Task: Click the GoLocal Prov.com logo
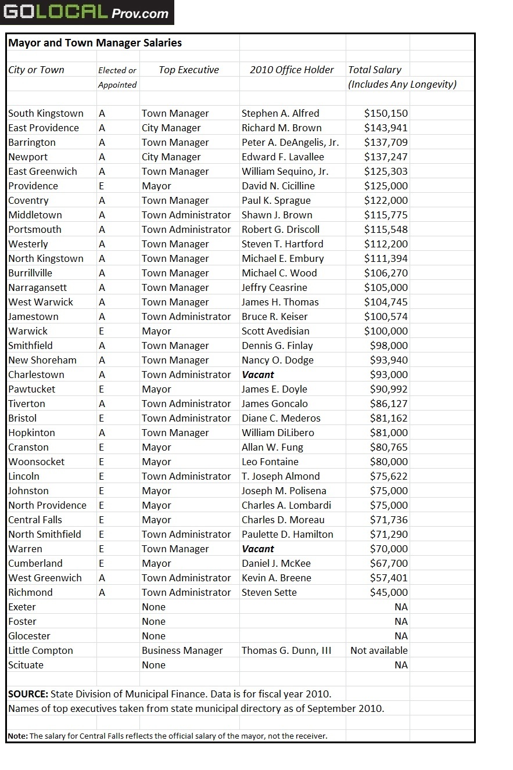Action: point(87,12)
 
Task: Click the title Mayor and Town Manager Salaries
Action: point(95,43)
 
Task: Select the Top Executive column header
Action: point(189,70)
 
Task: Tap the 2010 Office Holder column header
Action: point(292,70)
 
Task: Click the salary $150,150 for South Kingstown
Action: point(386,113)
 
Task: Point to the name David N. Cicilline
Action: point(278,186)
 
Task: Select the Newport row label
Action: point(28,157)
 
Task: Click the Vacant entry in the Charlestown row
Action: point(258,375)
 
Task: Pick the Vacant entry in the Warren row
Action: point(258,549)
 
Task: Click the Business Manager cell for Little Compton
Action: point(182,650)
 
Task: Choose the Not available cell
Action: point(379,650)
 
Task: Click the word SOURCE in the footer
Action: point(28,694)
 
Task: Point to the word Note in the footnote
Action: point(17,736)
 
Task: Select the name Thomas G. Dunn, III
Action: point(286,650)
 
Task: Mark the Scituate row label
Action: point(26,665)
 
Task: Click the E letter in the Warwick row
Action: point(102,331)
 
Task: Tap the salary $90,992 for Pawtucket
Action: point(389,389)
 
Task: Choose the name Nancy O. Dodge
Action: point(277,360)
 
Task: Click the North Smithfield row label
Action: point(45,534)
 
